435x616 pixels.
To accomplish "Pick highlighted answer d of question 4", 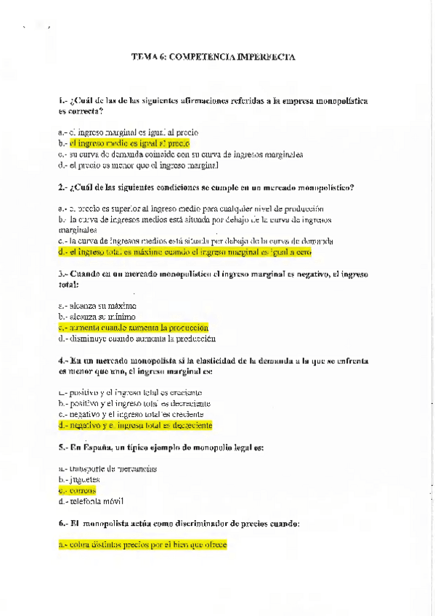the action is coord(135,425).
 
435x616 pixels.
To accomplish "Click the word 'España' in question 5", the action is coord(94,447).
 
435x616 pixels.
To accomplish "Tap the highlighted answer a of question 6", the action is coord(142,543).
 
